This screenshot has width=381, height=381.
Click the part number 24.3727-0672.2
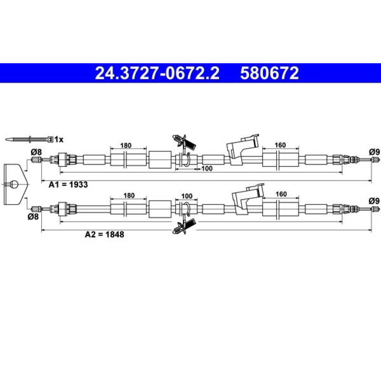157,73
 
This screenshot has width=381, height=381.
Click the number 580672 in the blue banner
269,73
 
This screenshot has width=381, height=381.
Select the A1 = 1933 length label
68,185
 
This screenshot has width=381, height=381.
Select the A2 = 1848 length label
104,234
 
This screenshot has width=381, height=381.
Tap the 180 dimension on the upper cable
126,145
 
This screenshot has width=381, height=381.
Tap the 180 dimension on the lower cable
129,195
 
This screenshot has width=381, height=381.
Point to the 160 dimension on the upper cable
280,145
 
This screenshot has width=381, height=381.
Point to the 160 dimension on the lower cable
281,194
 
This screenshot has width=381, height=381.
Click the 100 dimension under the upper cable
207,168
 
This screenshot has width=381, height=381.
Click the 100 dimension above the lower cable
187,196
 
